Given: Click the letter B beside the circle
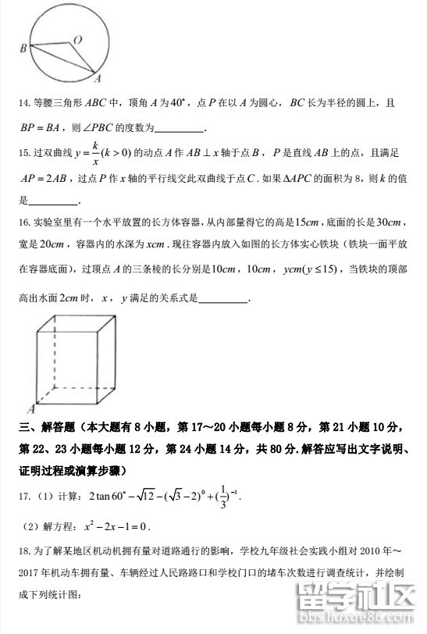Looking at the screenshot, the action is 23,48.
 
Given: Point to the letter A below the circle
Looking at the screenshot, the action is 97,79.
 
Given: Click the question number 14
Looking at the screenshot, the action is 23,103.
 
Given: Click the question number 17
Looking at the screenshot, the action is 23,495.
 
